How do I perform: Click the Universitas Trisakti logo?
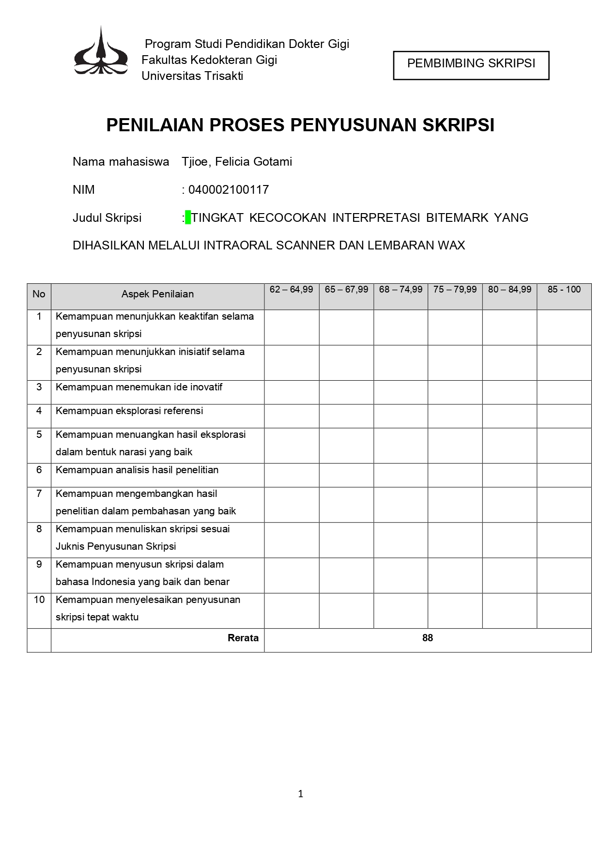101,52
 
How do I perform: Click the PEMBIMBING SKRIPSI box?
471,65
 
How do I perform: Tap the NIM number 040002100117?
228,190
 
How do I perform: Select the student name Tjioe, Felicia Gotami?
237,162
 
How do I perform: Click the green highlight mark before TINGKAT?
188,218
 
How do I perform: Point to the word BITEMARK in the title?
457,218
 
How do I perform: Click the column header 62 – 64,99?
291,290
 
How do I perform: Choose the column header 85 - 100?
564,290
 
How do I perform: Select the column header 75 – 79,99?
455,290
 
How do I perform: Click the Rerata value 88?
427,638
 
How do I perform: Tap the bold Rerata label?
243,638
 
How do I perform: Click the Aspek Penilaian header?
157,294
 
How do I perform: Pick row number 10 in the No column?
39,600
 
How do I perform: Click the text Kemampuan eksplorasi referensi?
129,411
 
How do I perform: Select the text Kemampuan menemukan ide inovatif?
139,387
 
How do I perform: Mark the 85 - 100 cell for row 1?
564,327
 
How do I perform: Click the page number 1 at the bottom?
300,794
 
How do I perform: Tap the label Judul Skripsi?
107,218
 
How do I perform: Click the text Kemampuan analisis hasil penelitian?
137,470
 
